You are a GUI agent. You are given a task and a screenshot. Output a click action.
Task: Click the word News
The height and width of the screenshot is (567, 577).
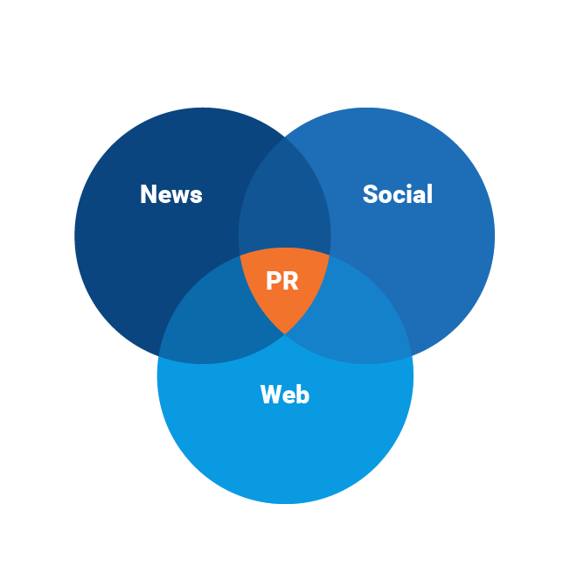coord(171,194)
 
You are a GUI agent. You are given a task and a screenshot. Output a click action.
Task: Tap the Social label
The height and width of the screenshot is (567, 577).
coord(398,194)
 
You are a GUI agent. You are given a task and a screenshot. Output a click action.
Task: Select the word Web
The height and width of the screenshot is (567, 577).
coord(285,395)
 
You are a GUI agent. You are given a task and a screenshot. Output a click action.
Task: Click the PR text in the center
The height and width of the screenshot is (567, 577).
coord(282,282)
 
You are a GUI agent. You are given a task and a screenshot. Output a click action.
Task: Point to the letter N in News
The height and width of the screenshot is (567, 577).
coord(149,194)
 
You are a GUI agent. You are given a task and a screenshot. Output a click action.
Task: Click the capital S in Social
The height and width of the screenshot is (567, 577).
coord(371,194)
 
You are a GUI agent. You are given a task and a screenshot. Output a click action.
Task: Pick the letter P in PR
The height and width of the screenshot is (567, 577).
coord(274,282)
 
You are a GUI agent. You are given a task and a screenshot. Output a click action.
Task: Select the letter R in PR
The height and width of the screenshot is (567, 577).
coord(290,282)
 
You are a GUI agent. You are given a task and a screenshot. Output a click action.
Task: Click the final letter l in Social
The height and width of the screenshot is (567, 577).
coord(429,193)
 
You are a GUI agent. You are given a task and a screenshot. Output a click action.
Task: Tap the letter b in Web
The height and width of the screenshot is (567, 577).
coord(302,395)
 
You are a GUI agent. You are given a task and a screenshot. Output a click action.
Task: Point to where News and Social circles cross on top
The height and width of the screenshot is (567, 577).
coord(285,137)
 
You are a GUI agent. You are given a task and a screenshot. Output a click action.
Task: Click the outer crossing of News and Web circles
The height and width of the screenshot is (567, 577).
coord(158,357)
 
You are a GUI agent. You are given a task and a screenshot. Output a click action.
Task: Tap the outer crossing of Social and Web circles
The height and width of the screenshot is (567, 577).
coord(412,357)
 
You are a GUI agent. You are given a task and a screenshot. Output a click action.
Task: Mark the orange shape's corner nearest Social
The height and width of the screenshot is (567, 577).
coord(330,255)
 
